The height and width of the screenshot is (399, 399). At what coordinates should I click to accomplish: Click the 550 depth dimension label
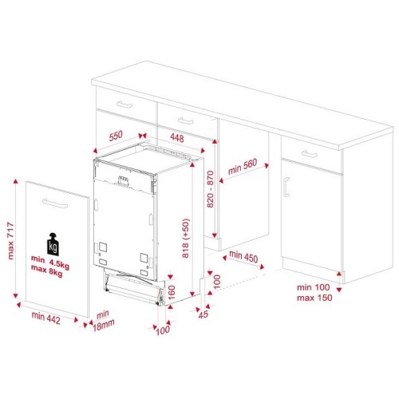click(116, 136)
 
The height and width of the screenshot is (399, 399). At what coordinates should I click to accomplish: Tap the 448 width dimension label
click(177, 138)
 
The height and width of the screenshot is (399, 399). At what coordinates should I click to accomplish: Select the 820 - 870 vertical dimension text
click(210, 189)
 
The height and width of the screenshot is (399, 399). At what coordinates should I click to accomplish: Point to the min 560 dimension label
click(243, 167)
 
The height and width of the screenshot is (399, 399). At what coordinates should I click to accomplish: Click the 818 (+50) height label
click(185, 238)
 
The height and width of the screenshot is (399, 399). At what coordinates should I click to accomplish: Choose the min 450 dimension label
click(243, 256)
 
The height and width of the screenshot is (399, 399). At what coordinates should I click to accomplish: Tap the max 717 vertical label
click(10, 241)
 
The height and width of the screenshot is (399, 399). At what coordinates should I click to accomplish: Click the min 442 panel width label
click(45, 318)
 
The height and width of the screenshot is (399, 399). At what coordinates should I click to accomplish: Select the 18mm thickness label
click(104, 326)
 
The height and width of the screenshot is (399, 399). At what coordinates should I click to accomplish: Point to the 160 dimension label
click(172, 292)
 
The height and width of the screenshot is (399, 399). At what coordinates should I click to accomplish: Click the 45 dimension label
click(203, 314)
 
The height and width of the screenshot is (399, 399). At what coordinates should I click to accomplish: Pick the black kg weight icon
click(53, 244)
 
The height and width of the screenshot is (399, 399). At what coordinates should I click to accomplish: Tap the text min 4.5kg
click(50, 261)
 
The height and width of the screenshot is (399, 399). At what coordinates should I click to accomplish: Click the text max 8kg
click(47, 271)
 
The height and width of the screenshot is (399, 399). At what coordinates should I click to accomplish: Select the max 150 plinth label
click(314, 298)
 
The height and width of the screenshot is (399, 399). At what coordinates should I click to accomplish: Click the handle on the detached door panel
click(55, 203)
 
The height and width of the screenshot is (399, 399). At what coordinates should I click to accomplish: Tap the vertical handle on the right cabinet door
click(286, 187)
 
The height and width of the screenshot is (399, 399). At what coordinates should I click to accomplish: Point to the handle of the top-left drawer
click(124, 105)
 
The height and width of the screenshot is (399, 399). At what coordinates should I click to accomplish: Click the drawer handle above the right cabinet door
click(310, 154)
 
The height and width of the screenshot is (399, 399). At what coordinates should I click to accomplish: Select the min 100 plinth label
click(313, 287)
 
